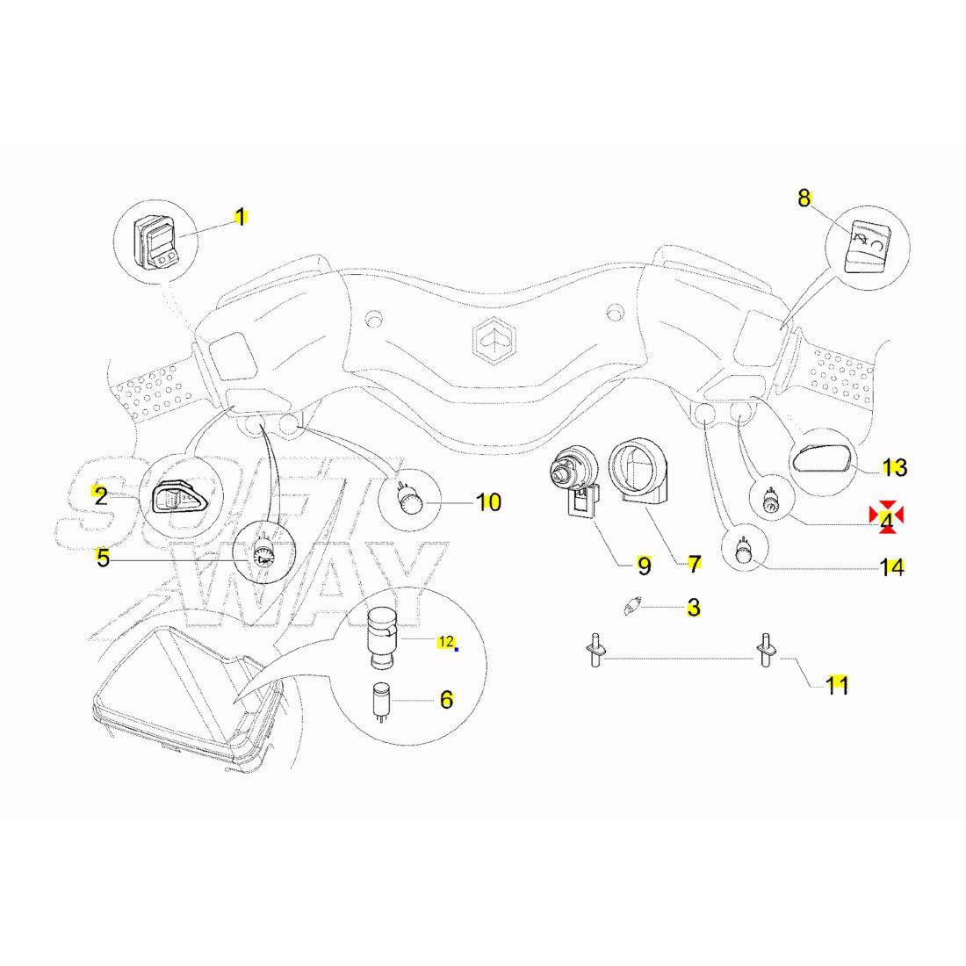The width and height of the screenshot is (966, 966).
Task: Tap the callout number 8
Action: [804, 198]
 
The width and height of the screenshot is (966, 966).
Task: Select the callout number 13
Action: [894, 468]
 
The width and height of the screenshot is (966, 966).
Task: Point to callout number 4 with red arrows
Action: [887, 521]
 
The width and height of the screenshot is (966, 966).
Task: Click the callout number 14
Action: [892, 568]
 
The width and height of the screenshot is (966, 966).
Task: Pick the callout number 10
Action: [488, 502]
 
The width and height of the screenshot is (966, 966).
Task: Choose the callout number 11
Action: [838, 685]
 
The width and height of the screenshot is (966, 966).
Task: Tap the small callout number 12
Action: [446, 642]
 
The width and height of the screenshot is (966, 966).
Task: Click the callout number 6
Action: [446, 700]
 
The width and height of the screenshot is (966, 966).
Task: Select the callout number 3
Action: [694, 608]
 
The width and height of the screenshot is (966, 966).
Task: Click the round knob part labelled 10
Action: [409, 501]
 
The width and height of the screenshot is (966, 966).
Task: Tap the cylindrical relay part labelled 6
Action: [382, 700]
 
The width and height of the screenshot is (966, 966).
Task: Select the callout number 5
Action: [103, 558]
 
